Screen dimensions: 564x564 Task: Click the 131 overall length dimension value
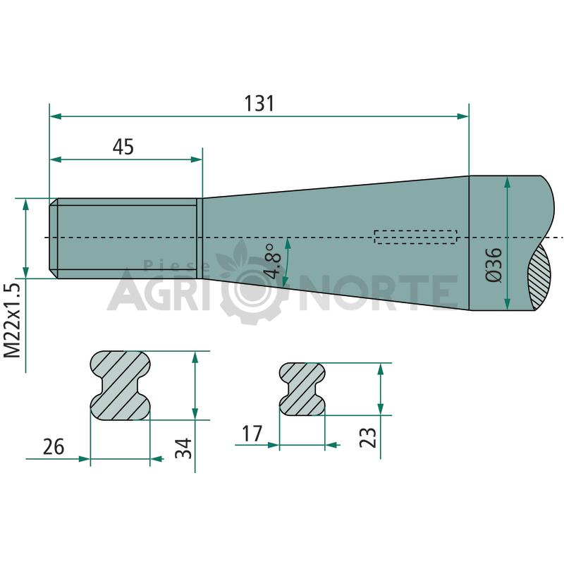coord(259,103)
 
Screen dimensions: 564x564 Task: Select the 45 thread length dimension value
coord(123,147)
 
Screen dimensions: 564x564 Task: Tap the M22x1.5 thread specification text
coord(13,321)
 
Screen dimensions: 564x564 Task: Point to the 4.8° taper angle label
coord(274,262)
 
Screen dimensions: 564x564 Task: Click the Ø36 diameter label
coord(493,265)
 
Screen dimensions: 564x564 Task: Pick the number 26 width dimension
coord(54,447)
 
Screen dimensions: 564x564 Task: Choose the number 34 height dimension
coord(183,448)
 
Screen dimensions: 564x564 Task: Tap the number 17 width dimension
coord(252,434)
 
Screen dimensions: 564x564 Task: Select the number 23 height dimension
coord(368,437)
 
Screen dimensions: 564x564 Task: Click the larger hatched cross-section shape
coord(120,385)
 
